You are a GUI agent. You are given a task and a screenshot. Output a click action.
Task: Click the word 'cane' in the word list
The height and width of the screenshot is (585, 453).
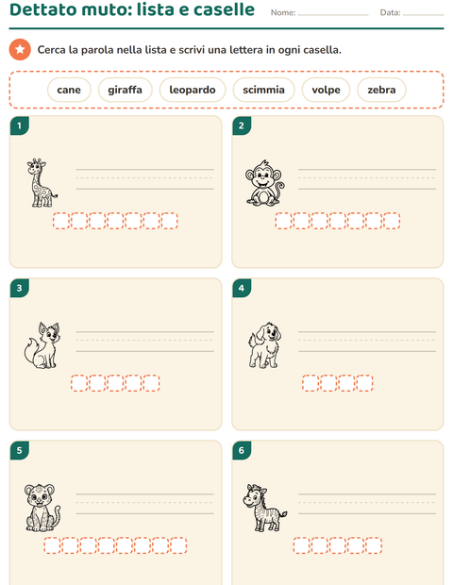tap(69, 90)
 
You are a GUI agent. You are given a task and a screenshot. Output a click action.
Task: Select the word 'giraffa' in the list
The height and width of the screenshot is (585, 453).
tap(125, 90)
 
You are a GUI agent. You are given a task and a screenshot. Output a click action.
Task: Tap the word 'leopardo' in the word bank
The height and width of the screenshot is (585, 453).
tap(193, 90)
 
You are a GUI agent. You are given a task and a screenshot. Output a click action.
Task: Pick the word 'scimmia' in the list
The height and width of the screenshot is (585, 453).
tap(264, 90)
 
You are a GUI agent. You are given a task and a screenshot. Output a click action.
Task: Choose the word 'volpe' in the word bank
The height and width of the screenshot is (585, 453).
tap(327, 90)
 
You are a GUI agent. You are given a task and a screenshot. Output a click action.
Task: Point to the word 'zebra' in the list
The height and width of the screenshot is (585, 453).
tap(381, 90)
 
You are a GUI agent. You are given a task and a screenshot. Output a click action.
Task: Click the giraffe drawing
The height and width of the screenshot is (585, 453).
tap(42, 182)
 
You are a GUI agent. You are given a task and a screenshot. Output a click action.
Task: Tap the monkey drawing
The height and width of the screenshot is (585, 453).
tap(264, 183)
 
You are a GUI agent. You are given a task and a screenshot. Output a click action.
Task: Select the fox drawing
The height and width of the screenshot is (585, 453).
tap(42, 345)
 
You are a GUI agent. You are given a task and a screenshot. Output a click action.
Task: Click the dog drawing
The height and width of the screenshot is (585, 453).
tap(264, 345)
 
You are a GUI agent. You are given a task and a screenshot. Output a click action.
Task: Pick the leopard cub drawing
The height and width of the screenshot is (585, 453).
tap(42, 508)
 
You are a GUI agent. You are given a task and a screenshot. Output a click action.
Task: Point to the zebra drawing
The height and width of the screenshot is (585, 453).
tap(265, 508)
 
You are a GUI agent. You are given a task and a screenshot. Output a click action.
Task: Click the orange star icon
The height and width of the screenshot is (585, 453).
tap(20, 49)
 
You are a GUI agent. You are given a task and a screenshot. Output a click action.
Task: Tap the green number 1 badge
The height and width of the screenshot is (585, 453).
tap(20, 125)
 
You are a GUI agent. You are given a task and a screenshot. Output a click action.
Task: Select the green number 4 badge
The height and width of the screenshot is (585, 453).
tap(242, 288)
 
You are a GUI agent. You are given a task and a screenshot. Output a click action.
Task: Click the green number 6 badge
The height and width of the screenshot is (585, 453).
tap(242, 450)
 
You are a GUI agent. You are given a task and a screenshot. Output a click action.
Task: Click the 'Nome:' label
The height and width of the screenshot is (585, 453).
tap(283, 12)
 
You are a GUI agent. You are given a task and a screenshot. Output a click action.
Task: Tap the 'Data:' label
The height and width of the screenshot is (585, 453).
tap(391, 12)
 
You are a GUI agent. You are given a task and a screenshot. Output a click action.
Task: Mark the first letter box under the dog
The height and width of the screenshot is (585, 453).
tap(310, 383)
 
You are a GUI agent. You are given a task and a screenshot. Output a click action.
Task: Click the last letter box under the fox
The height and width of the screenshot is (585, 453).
tap(151, 383)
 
